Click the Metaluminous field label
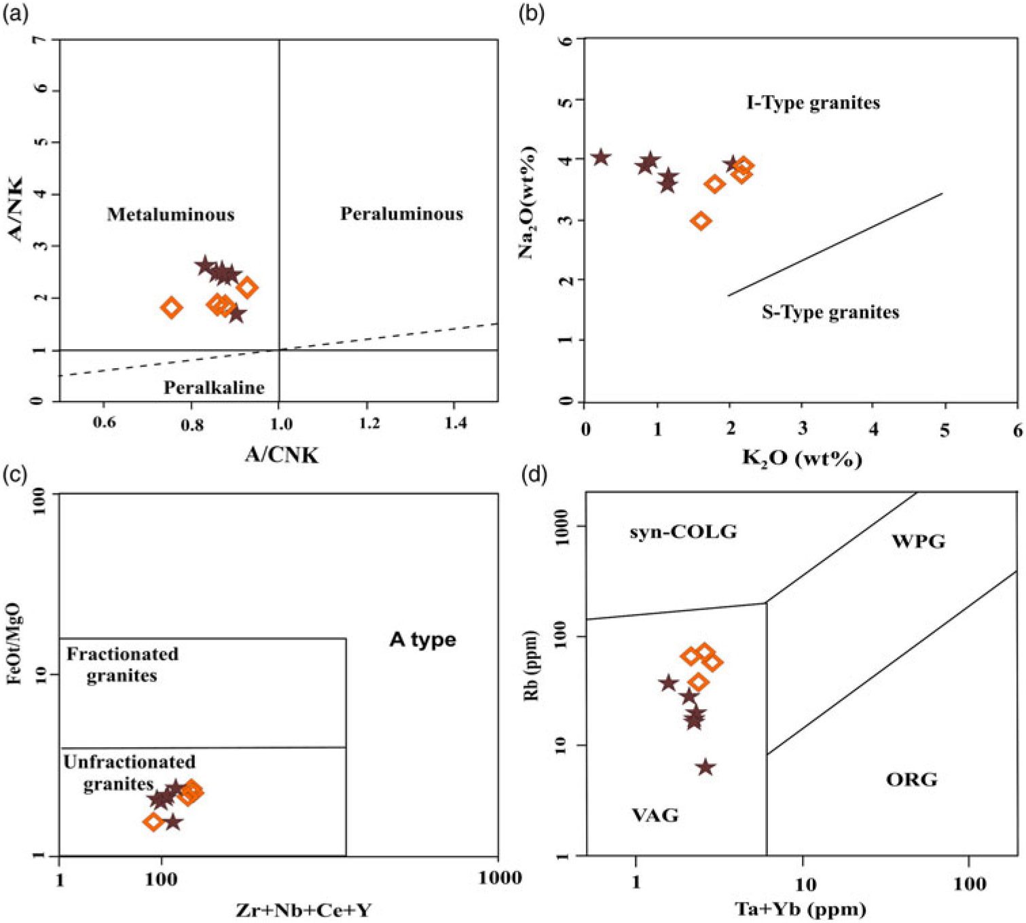[170, 215]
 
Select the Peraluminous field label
[401, 214]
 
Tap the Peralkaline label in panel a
[214, 388]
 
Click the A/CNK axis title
[281, 455]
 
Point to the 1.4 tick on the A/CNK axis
[456, 423]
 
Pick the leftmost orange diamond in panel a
[172, 308]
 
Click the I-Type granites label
[813, 103]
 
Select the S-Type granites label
[830, 312]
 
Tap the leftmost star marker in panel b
[600, 158]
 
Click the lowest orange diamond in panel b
[701, 221]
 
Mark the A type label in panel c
[422, 640]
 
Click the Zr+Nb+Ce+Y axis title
[304, 910]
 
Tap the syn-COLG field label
[682, 532]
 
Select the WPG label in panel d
[918, 541]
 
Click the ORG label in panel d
[911, 779]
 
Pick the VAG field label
[655, 814]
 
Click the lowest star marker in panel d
[706, 767]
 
